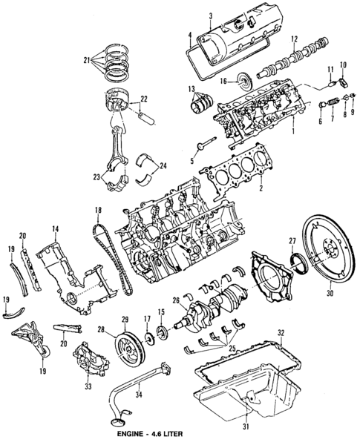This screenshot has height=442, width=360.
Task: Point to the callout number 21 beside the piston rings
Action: point(87,59)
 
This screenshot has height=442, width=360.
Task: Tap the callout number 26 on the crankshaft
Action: point(175,300)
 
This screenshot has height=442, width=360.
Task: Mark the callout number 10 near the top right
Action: point(342,65)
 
